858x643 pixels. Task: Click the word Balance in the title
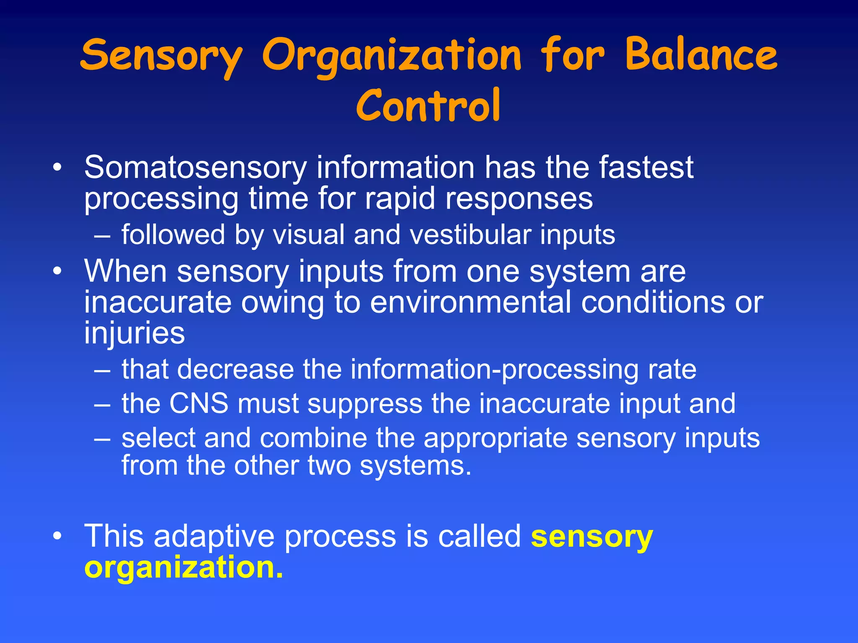(701, 55)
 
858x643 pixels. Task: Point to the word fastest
(646, 167)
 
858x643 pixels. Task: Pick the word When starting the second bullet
(126, 271)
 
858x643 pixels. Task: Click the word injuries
(134, 333)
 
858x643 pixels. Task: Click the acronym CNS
(199, 404)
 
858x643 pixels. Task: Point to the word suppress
(364, 404)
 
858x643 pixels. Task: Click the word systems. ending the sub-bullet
(416, 466)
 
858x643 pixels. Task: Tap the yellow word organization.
(183, 568)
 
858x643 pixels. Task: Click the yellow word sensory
(592, 538)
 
